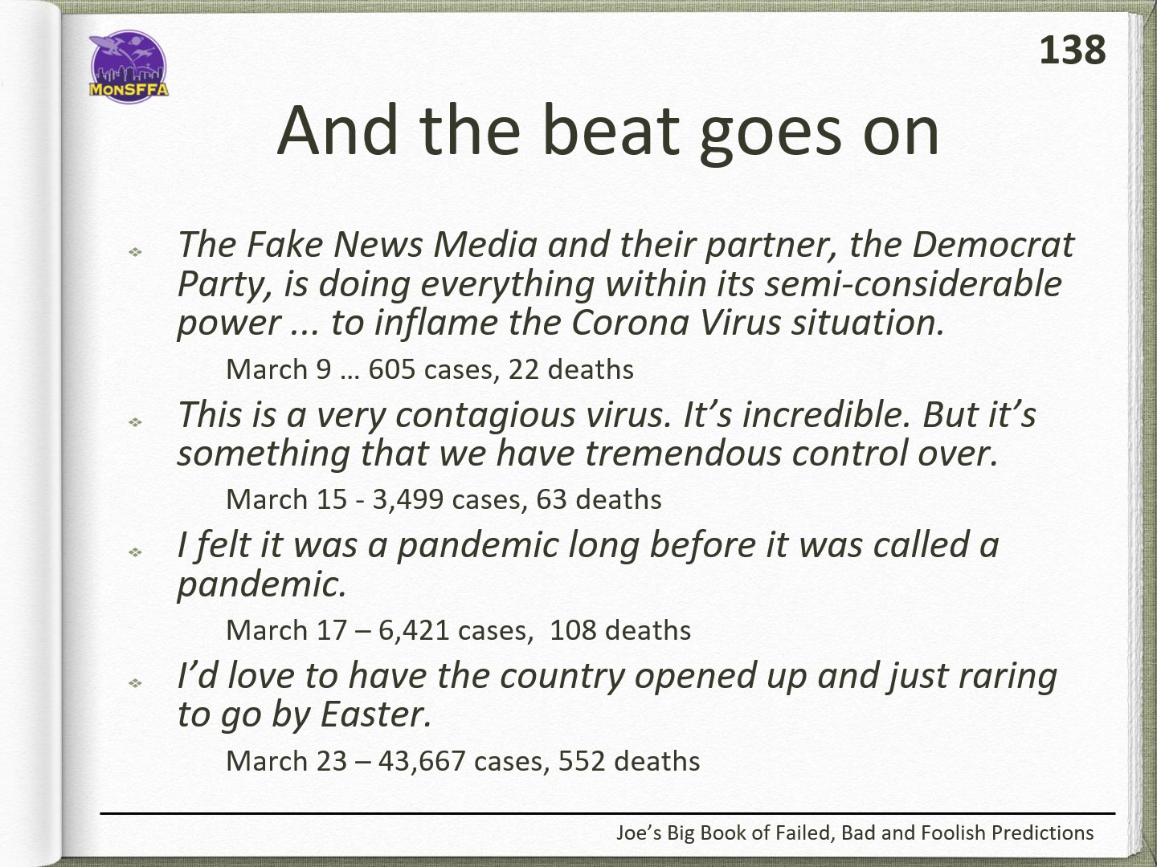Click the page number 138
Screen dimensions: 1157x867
coord(1072,50)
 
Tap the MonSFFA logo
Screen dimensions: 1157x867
coord(129,67)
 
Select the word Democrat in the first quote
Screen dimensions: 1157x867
coord(992,245)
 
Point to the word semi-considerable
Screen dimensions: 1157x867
coord(913,284)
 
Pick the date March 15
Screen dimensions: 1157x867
coord(286,499)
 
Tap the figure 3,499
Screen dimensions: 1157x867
coord(408,499)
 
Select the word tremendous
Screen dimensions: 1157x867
coord(683,454)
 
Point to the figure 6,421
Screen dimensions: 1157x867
coord(414,631)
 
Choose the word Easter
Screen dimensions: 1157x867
coord(375,714)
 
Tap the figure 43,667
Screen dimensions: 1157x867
coord(422,761)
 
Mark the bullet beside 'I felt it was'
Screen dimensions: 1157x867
coord(135,552)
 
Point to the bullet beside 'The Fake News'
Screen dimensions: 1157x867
coord(135,252)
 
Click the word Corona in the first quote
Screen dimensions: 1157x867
coord(630,323)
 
